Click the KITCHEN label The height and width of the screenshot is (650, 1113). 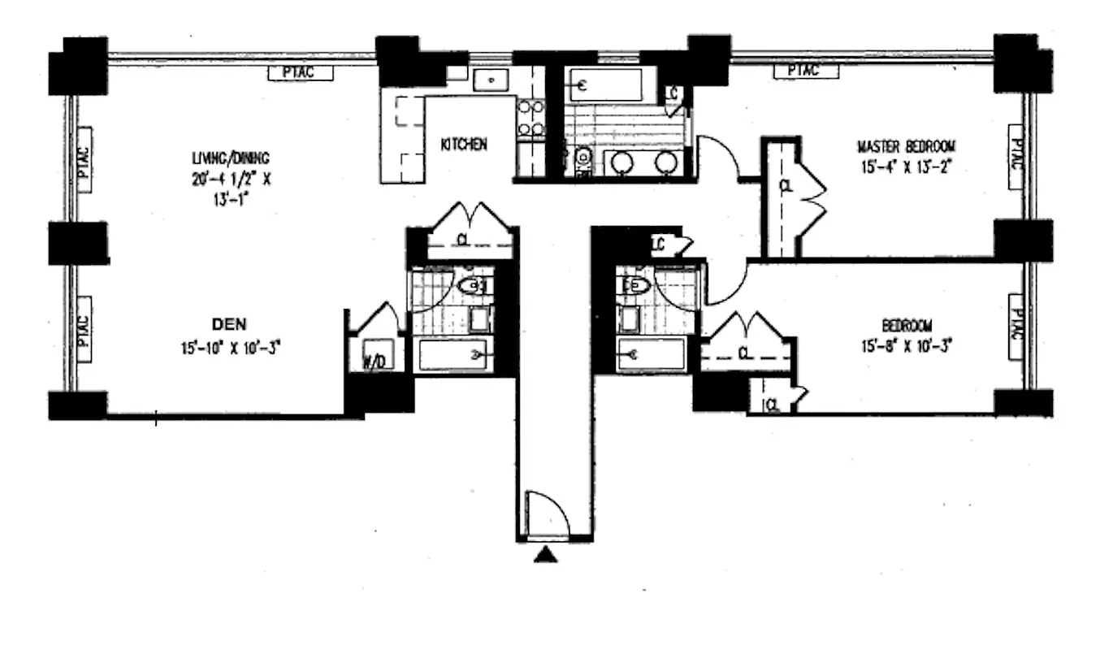click(463, 145)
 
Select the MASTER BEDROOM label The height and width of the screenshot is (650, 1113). click(906, 147)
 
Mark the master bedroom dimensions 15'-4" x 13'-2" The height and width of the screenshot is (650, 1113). click(906, 167)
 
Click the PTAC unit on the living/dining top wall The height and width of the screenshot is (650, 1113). click(301, 73)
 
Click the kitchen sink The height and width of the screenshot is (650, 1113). click(490, 80)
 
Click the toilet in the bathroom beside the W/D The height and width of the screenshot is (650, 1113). click(473, 285)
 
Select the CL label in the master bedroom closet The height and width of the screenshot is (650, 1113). click(784, 186)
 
